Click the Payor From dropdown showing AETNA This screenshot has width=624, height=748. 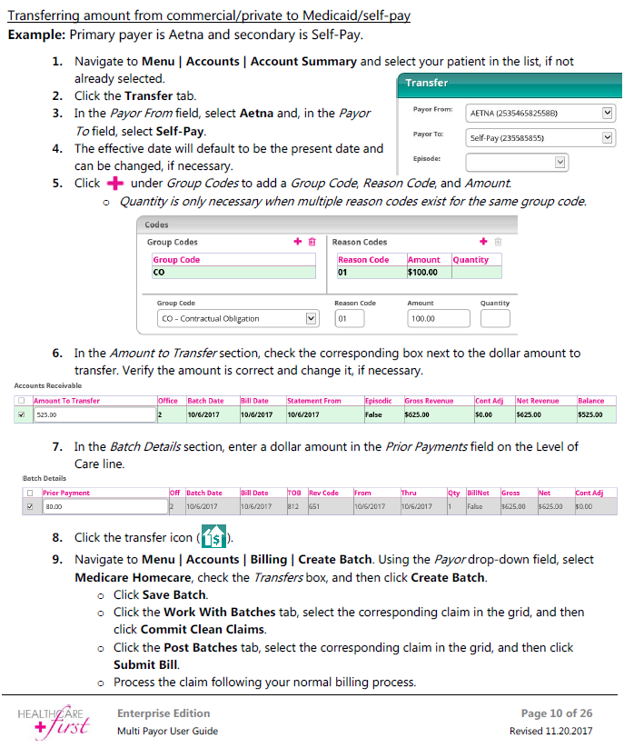(540, 114)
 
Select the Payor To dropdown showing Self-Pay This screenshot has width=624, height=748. (540, 138)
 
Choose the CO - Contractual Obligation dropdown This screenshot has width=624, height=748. (238, 319)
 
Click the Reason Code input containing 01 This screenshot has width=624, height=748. (349, 319)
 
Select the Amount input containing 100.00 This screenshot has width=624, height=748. (439, 319)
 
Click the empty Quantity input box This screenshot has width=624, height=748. (495, 319)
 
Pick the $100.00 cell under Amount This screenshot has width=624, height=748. (427, 272)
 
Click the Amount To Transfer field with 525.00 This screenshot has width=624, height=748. (94, 415)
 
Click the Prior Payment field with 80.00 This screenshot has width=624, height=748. (103, 507)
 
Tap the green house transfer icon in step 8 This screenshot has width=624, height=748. (213, 536)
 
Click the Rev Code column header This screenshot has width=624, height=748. (324, 494)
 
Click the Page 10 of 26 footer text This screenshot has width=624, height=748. (557, 713)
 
